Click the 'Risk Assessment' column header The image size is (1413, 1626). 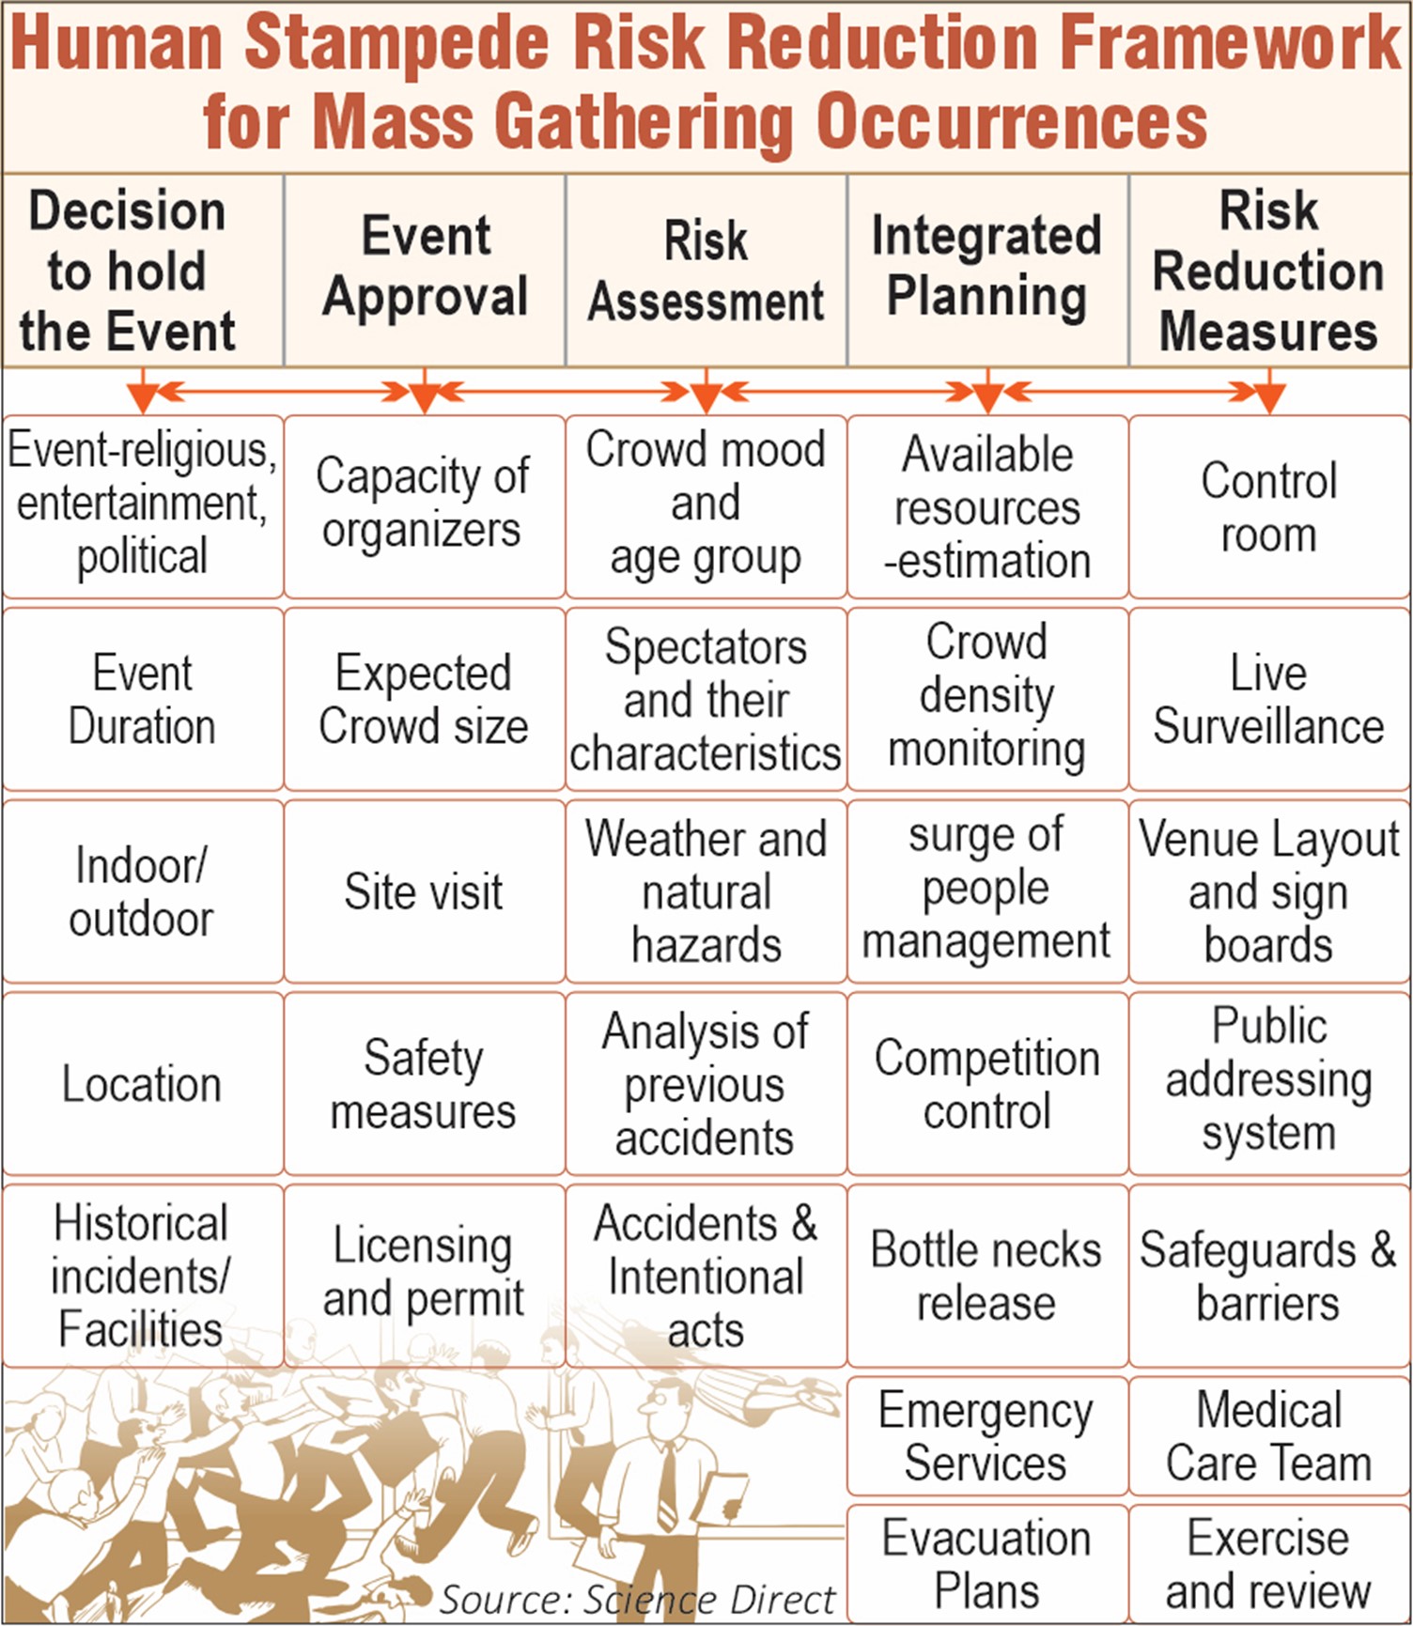[706, 271]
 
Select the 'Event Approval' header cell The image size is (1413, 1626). [425, 271]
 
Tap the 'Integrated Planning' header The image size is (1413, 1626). [987, 271]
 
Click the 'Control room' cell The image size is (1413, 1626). [1269, 507]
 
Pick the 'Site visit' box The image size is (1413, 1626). [425, 891]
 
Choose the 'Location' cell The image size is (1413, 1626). [143, 1084]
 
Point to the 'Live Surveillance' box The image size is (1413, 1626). [1269, 699]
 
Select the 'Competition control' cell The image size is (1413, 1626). [987, 1084]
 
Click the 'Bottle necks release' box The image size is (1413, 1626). [987, 1276]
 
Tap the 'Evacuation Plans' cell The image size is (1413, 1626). [987, 1564]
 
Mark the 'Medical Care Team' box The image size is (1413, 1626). [1269, 1436]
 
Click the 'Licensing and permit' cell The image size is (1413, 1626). [425, 1276]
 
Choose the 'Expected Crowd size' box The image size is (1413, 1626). [425, 699]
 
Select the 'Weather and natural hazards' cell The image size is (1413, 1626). [706, 891]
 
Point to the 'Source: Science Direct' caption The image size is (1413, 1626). [637, 1599]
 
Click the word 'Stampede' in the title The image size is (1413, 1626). [398, 45]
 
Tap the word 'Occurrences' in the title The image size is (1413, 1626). [1012, 122]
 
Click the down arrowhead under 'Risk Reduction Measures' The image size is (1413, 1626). [1269, 400]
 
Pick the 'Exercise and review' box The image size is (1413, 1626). [1269, 1564]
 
